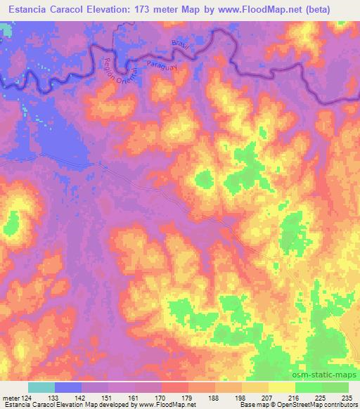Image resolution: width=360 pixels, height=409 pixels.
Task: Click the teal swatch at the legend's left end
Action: click(41, 387)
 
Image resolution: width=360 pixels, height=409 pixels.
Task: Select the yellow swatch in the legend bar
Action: click(281, 387)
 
